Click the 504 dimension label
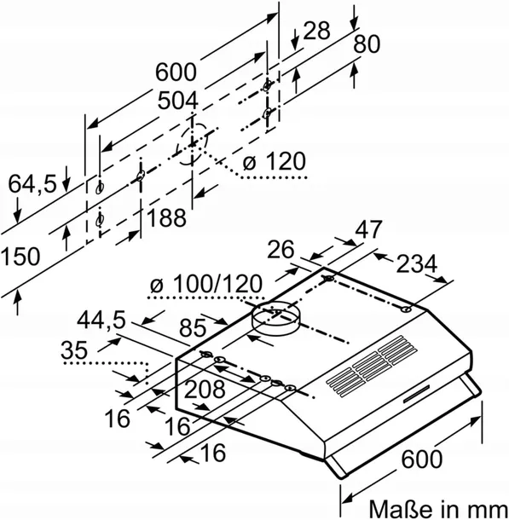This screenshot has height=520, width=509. pos(177,101)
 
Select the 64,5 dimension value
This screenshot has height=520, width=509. pos(32,184)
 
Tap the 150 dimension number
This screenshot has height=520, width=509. pos(20,256)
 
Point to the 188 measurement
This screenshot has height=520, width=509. pos(166,217)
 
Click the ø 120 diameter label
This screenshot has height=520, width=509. pos(274,161)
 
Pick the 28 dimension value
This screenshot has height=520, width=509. pos(316,31)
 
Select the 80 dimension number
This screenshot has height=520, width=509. pos(367,44)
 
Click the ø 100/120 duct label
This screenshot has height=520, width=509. pos(206,284)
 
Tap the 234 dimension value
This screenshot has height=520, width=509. pos(417,264)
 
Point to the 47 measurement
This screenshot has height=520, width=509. pos(368,228)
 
